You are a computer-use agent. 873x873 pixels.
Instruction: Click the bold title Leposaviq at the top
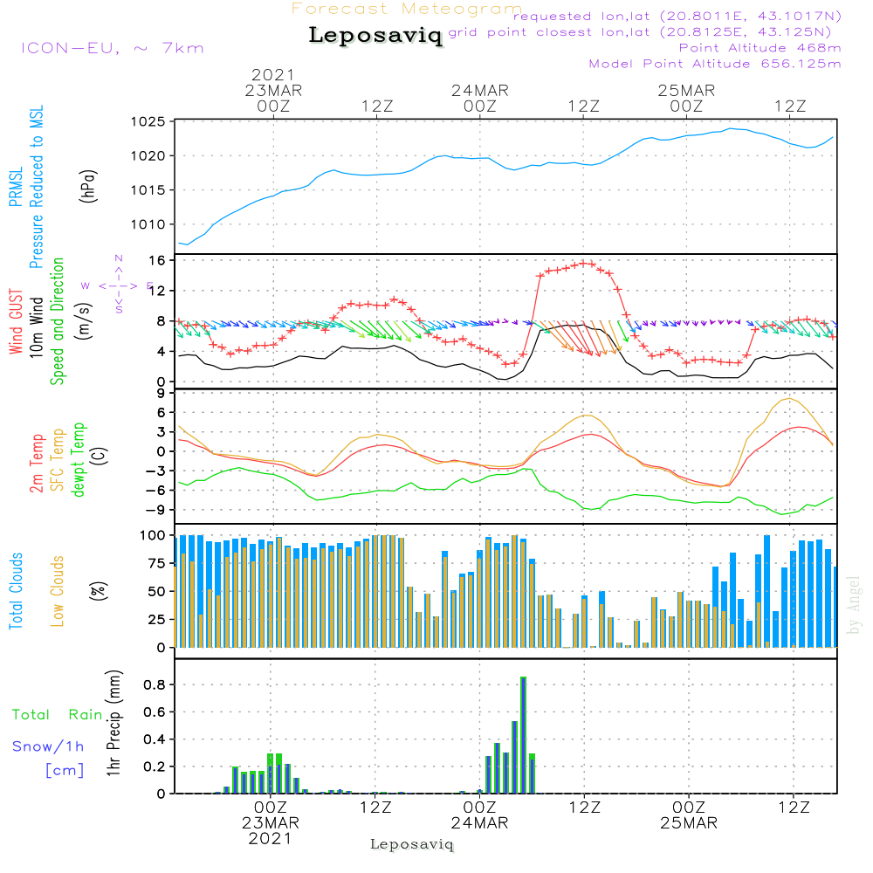[x=375, y=36]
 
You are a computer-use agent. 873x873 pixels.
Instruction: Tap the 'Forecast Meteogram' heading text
[x=407, y=10]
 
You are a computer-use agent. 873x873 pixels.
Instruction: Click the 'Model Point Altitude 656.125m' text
[x=715, y=64]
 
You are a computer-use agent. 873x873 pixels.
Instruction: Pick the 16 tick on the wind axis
[x=157, y=260]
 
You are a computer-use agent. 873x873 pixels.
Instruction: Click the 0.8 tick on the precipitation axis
[x=155, y=684]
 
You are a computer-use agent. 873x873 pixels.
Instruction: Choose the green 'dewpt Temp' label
[x=79, y=460]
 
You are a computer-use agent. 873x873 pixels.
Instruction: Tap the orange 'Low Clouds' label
[x=58, y=590]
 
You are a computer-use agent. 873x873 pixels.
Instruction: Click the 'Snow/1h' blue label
[x=48, y=746]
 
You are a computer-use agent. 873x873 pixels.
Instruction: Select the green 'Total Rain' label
[x=57, y=715]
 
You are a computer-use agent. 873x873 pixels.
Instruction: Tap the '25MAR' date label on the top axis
[x=686, y=90]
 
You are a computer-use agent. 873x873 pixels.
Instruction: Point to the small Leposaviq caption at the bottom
[x=412, y=844]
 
